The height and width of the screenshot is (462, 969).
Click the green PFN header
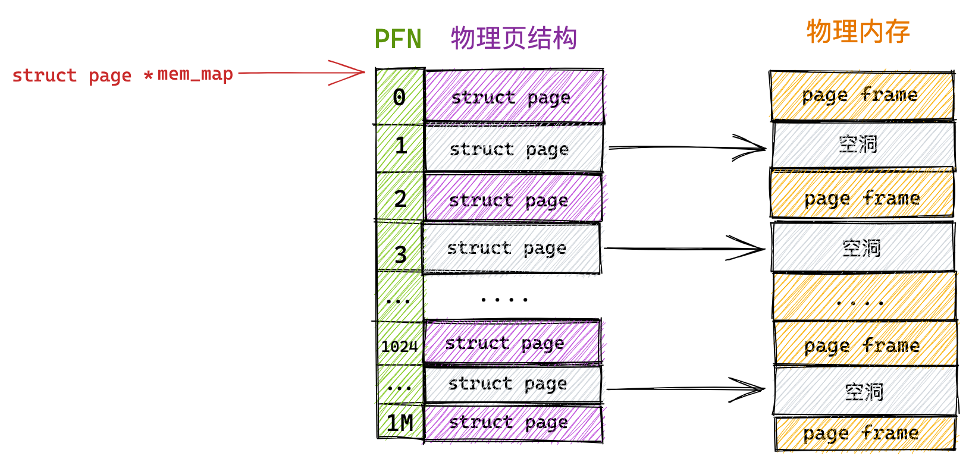[x=398, y=39]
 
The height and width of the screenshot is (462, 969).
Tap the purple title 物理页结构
[x=514, y=38]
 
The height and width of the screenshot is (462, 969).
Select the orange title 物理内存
[x=858, y=31]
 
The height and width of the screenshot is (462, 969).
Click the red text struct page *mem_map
[x=123, y=76]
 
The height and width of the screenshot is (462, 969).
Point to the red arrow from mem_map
[x=302, y=73]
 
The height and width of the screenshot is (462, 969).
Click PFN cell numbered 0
[x=400, y=97]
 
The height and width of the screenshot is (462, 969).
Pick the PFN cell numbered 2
[x=400, y=197]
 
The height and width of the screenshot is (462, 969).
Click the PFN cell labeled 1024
[x=400, y=344]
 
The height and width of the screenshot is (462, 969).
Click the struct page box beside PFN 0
[x=514, y=96]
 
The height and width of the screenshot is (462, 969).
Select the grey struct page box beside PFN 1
[x=514, y=148]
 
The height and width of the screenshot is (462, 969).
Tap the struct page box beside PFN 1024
[x=512, y=342]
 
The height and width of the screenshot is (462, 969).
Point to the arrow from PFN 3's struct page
[x=684, y=249]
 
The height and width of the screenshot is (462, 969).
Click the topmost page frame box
[x=862, y=95]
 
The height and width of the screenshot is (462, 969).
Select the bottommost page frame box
[x=865, y=433]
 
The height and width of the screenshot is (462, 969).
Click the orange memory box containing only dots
[x=864, y=297]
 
